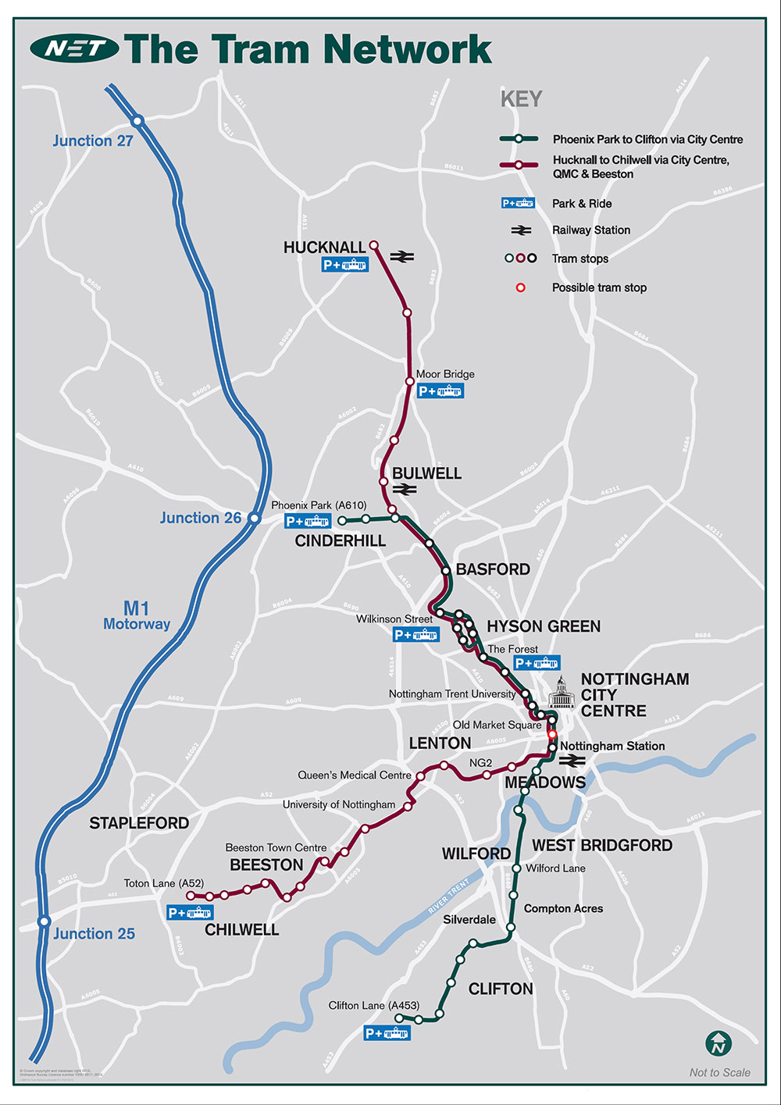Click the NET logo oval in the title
click(x=74, y=49)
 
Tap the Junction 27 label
click(x=93, y=141)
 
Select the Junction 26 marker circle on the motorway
click(x=254, y=518)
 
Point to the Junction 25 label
click(x=94, y=934)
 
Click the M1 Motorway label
click(x=137, y=615)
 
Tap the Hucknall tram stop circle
click(x=373, y=244)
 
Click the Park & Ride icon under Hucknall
click(x=345, y=266)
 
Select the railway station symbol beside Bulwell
click(x=405, y=490)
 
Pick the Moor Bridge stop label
click(x=445, y=374)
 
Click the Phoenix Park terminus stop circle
click(x=342, y=520)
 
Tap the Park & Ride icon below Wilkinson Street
click(x=415, y=635)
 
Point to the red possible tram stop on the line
click(x=552, y=734)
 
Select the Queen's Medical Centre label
click(x=355, y=775)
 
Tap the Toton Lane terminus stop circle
click(x=190, y=896)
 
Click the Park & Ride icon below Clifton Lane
click(x=387, y=1033)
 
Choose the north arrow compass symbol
click(x=718, y=1043)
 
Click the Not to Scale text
click(x=719, y=1073)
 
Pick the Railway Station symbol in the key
click(x=521, y=230)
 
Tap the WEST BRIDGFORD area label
click(x=602, y=846)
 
